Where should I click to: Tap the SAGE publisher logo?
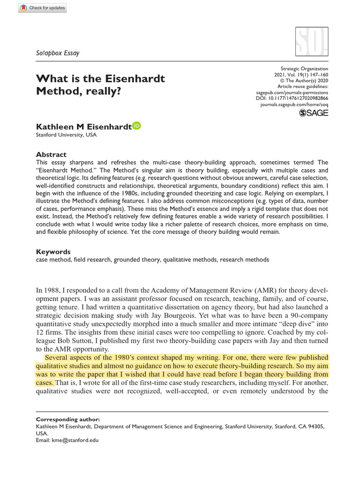pos(314,112)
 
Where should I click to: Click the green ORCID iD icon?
pos(136,126)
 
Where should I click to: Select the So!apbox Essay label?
pos(58,53)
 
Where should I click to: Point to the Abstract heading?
pos(51,154)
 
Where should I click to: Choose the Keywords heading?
pos(53,252)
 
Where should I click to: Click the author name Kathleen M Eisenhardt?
pos(83,127)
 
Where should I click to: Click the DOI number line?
pos(299,98)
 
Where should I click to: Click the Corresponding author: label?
pos(67,419)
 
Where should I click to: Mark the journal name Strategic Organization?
pos(304,68)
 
